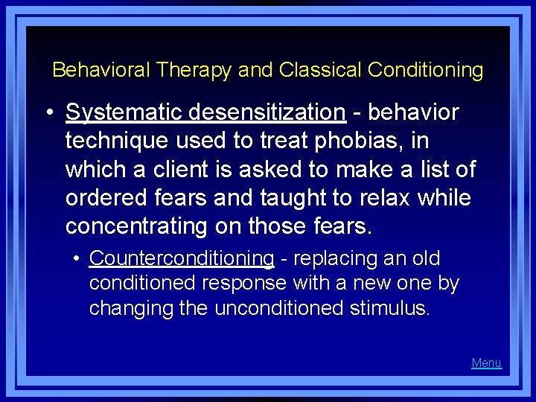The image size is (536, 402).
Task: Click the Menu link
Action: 486,363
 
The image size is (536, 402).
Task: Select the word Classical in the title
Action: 321,71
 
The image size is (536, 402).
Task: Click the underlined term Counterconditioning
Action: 182,259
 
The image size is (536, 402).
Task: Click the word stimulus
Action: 390,308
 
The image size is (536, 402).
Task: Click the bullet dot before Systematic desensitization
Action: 48,113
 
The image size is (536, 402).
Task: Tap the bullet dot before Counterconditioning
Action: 77,260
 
